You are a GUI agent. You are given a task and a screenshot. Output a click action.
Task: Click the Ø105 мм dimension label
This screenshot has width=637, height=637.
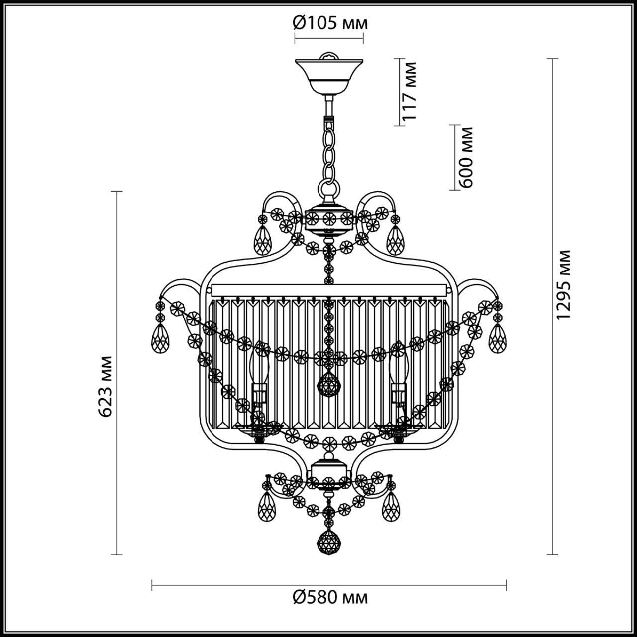tap(330, 22)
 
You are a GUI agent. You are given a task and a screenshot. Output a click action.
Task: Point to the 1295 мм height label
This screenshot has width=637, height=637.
tap(563, 285)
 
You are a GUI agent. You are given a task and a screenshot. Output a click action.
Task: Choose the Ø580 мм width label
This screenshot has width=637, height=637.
tap(330, 597)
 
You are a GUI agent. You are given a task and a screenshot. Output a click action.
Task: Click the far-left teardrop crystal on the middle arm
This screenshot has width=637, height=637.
tap(160, 339)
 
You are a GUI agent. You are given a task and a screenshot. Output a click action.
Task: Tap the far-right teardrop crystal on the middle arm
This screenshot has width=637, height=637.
tap(497, 339)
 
